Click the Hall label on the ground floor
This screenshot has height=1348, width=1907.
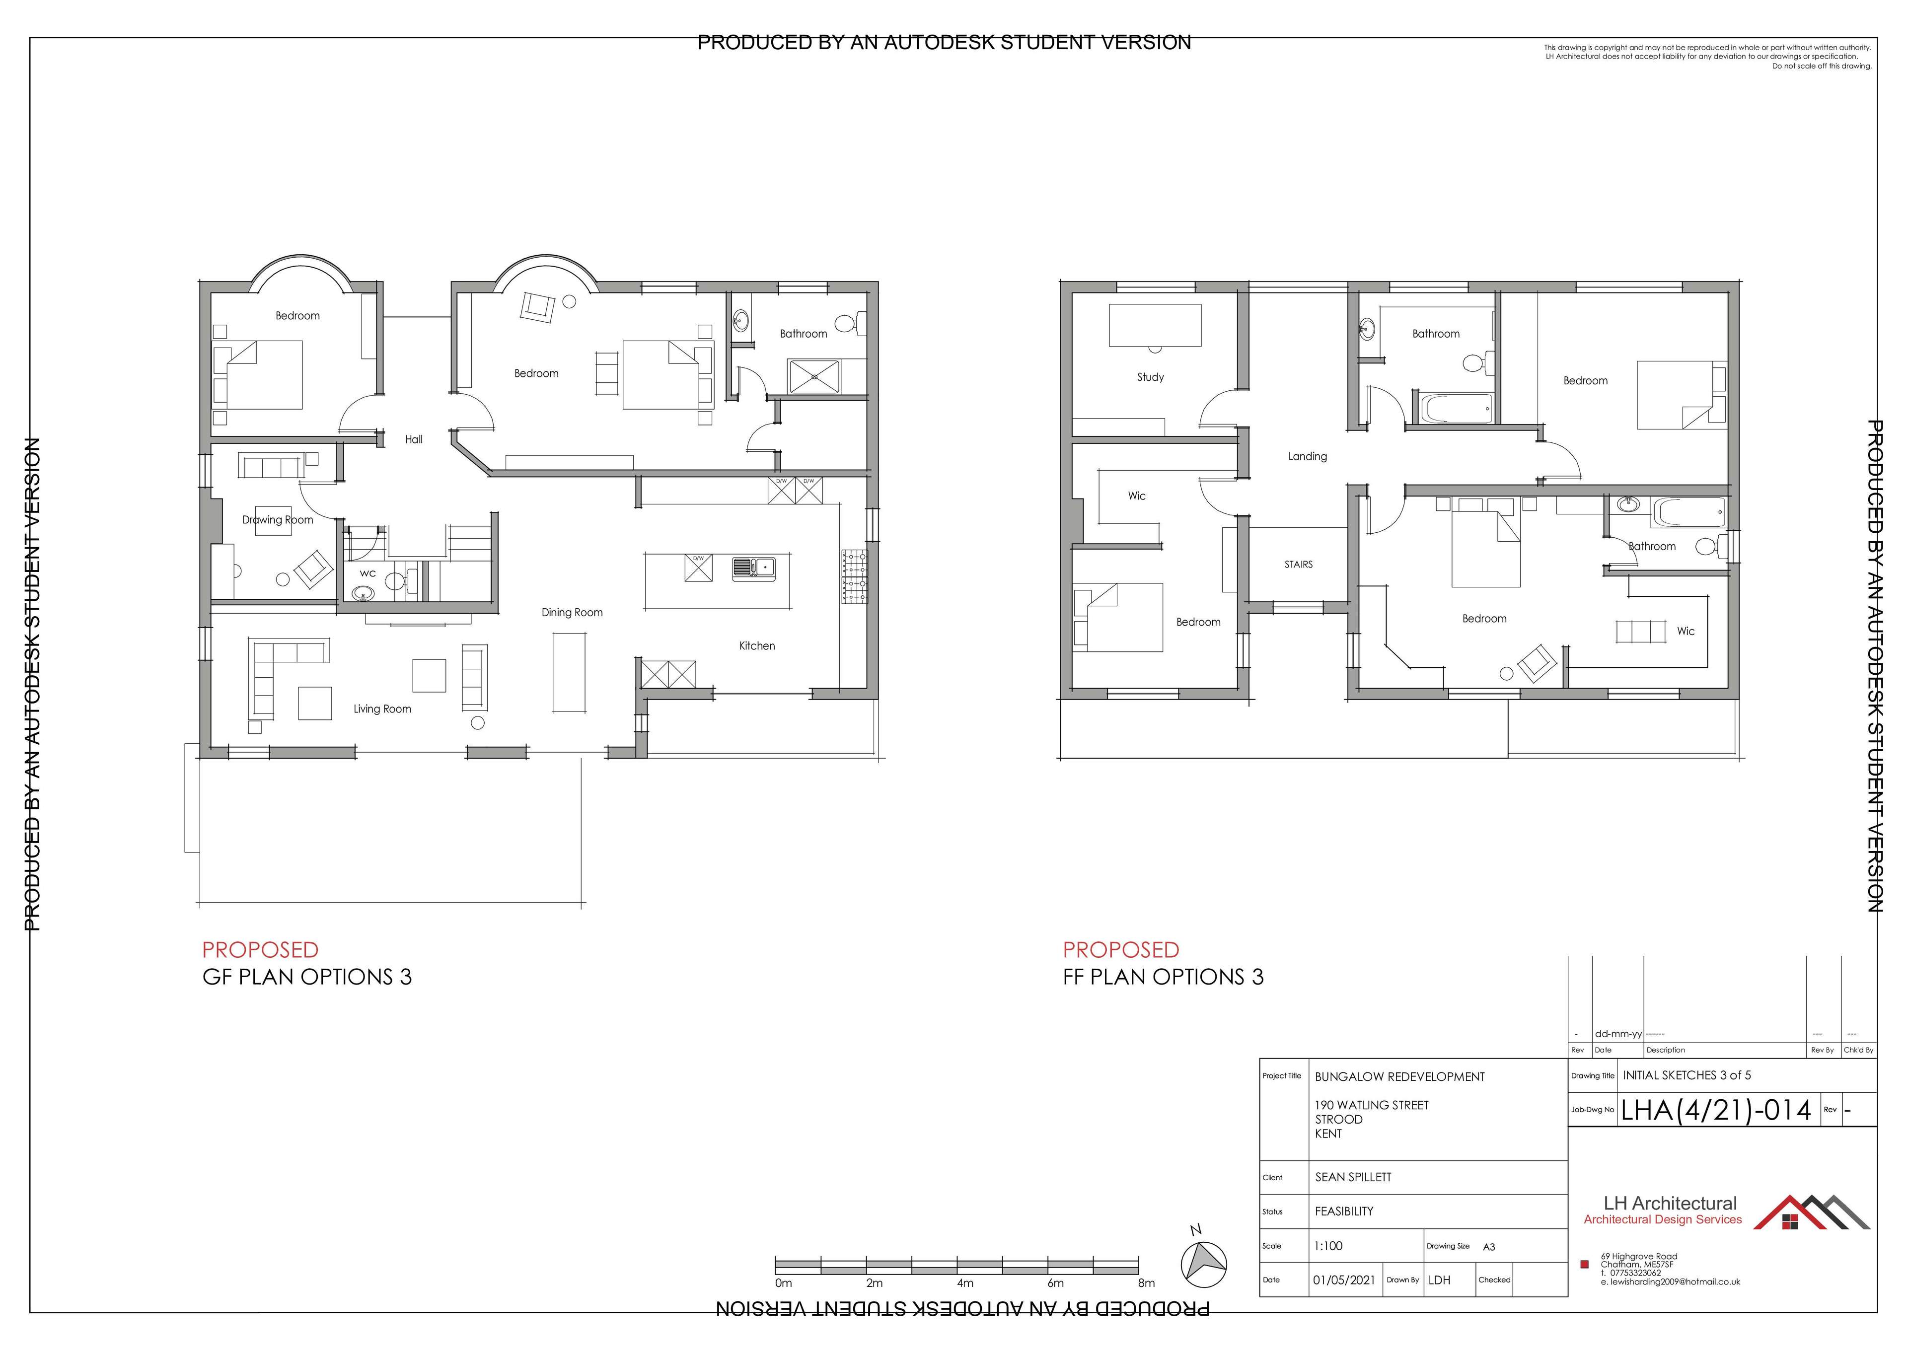click(x=414, y=439)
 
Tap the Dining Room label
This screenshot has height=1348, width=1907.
click(x=572, y=612)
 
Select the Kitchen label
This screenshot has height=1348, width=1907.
click(x=757, y=645)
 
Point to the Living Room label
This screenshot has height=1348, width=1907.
click(x=382, y=709)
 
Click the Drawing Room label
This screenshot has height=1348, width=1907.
click(x=278, y=520)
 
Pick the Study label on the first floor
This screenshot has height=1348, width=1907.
click(x=1150, y=377)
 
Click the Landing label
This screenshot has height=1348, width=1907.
click(x=1307, y=456)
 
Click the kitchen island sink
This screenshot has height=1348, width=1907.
click(x=753, y=568)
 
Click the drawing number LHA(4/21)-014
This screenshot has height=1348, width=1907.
click(x=1716, y=1111)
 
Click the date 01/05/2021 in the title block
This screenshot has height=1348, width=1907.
click(x=1344, y=1280)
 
